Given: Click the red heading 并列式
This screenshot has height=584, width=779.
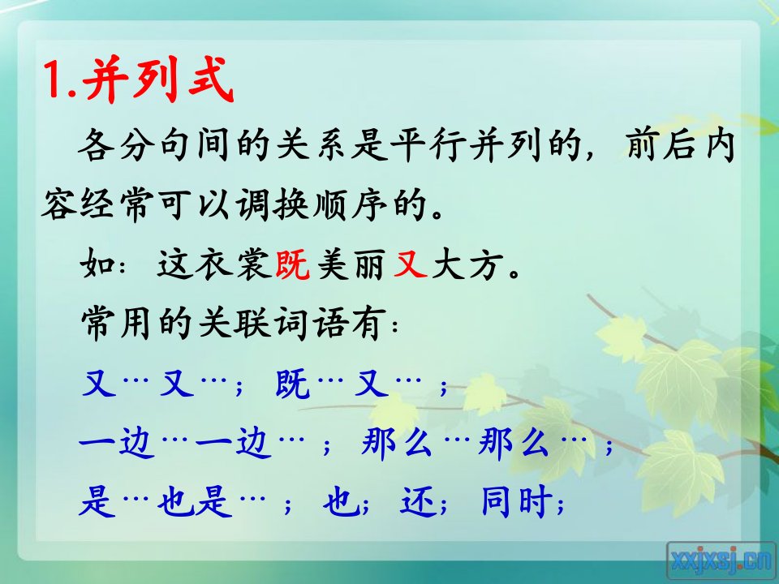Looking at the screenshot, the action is point(158,79).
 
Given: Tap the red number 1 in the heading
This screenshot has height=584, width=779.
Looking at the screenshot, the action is point(54,79).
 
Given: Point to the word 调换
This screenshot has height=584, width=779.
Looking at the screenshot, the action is point(273,204).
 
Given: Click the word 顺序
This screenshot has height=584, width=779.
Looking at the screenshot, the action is point(351,204).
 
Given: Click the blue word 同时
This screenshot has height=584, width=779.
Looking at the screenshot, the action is point(518,500).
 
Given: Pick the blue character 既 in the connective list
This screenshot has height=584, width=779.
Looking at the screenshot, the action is point(293,384).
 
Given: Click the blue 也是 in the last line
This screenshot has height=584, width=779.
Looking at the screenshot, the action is point(195,500).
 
